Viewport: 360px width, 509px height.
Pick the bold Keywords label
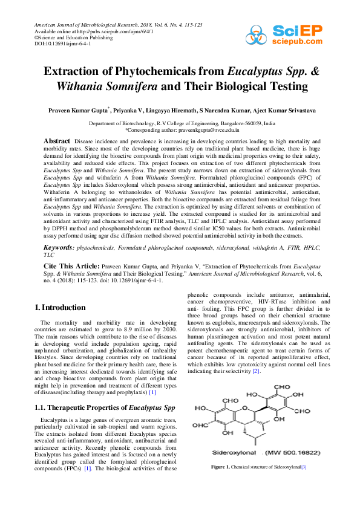pos(60,248)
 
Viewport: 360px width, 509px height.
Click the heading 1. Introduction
pos(60,308)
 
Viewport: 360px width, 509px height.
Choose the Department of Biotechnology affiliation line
pos(180,123)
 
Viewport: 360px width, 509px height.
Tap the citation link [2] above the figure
pos(257,371)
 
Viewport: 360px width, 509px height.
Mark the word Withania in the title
pos(82,86)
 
